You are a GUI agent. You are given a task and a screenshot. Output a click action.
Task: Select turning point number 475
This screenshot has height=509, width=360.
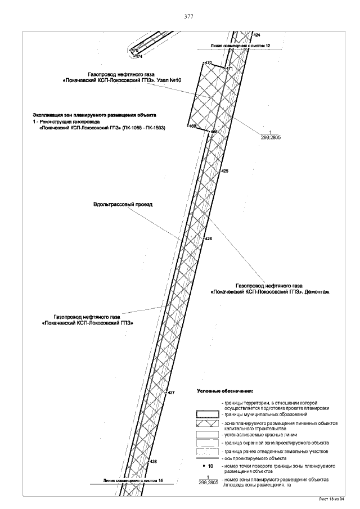[x=134, y=51]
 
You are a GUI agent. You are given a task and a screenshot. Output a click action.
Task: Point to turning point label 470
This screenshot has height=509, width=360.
[x=208, y=62]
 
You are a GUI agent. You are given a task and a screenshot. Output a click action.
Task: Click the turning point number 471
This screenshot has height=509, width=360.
[x=229, y=69]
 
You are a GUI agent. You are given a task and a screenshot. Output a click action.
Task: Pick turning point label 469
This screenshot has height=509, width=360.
[x=192, y=126]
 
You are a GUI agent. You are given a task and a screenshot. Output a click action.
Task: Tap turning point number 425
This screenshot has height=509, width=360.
[x=224, y=170]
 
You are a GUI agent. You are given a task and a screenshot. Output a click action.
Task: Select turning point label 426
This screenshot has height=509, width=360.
[x=209, y=239]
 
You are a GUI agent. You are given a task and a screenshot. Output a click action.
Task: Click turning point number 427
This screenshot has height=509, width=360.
[x=172, y=392]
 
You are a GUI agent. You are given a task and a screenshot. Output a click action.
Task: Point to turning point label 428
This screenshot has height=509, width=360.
[x=152, y=461]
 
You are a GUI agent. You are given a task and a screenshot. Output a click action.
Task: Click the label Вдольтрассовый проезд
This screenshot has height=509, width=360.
[x=123, y=204]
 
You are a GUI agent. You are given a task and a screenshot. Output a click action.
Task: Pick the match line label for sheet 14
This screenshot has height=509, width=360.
[x=129, y=481]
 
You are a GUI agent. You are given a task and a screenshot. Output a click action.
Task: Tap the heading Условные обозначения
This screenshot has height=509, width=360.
[x=225, y=390]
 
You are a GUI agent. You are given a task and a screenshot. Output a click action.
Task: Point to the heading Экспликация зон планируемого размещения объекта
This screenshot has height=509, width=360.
[x=93, y=114]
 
